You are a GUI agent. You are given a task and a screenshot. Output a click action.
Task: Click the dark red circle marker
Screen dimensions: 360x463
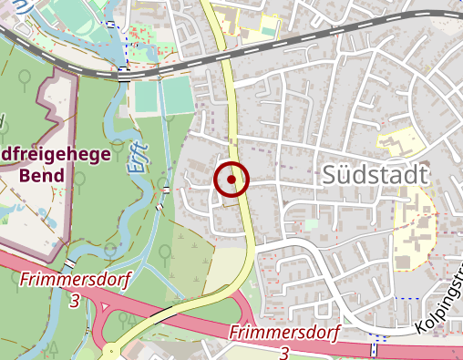tap(231, 180)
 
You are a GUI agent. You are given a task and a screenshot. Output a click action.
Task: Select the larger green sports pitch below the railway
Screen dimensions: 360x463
tap(177, 95)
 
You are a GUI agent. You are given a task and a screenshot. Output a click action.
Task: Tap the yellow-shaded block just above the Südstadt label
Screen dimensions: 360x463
tap(398, 144)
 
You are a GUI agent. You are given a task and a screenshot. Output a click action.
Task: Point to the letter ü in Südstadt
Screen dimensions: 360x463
tap(351, 176)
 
